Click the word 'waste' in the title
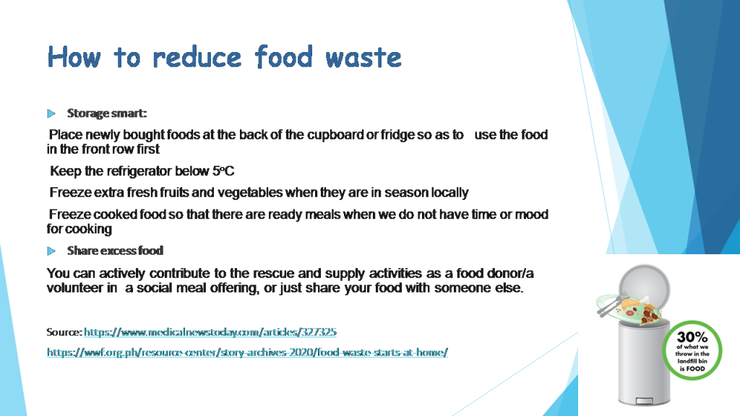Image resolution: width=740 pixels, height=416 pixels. pyautogui.click(x=363, y=56)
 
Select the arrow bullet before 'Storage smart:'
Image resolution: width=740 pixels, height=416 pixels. pyautogui.click(x=51, y=113)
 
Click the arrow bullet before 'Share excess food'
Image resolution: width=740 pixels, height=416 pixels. pyautogui.click(x=51, y=251)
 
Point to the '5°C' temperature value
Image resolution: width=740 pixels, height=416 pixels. pyautogui.click(x=223, y=171)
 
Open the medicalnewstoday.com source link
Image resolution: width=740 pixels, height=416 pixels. pyautogui.click(x=210, y=332)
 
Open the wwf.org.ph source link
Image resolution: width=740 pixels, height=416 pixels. pyautogui.click(x=247, y=352)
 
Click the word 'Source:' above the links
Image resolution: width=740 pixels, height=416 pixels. pyautogui.click(x=64, y=332)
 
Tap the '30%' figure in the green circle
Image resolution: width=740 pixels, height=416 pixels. pyautogui.click(x=692, y=337)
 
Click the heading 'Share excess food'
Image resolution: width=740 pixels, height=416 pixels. pyautogui.click(x=115, y=251)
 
